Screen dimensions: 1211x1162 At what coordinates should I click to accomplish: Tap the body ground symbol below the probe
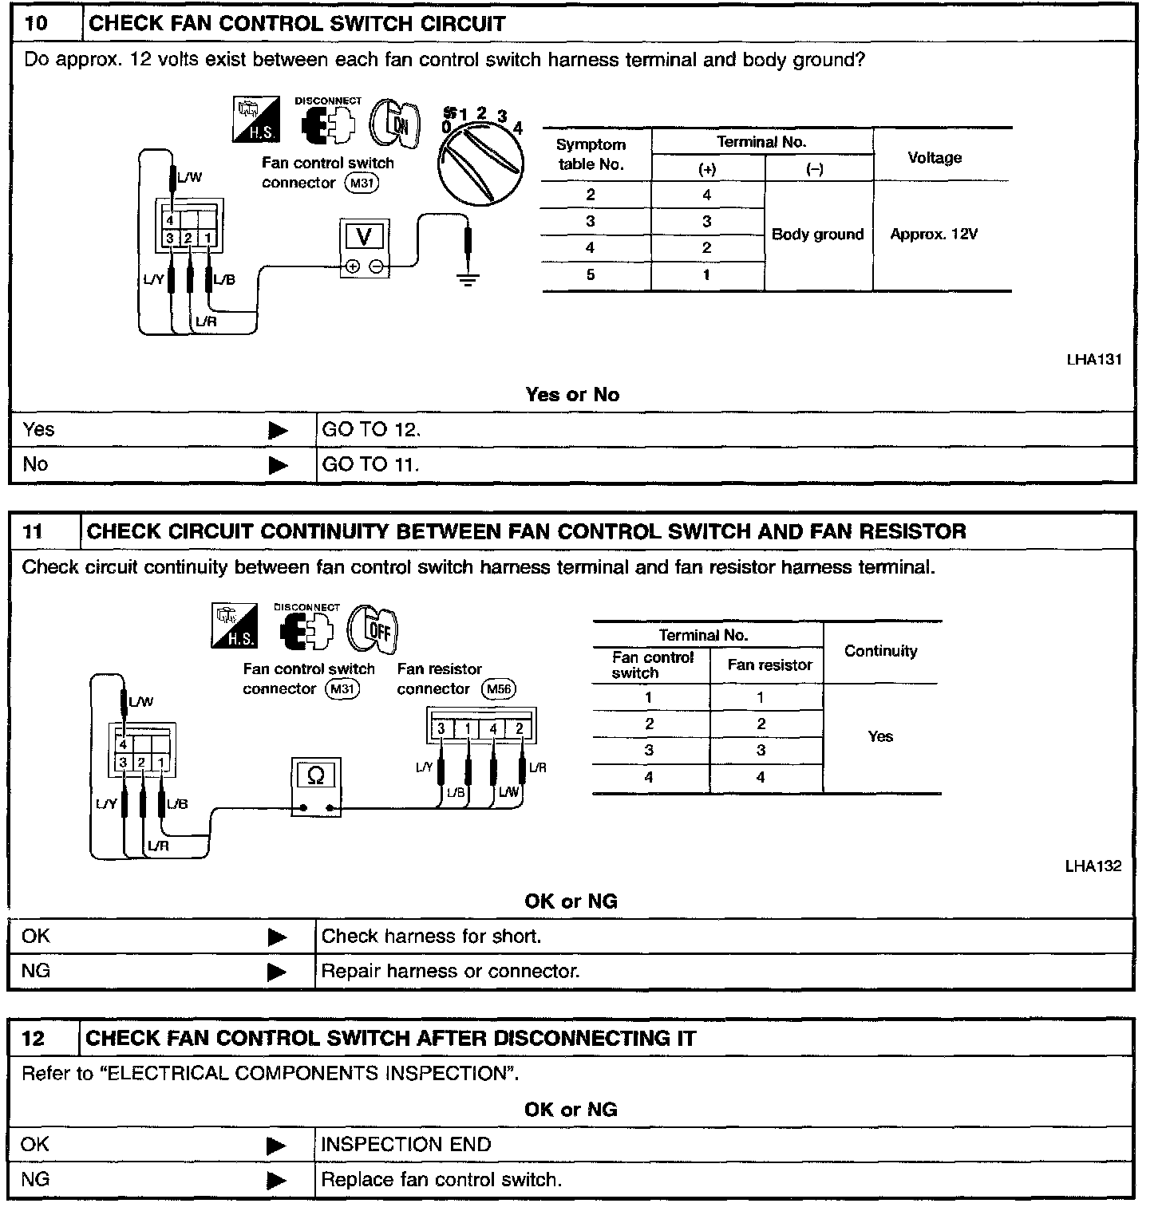tap(468, 279)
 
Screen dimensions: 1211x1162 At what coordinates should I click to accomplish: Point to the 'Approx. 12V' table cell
tap(934, 235)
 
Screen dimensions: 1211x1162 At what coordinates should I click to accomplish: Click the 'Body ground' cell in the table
tap(817, 235)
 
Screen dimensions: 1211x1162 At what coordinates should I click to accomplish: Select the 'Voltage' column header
tap(935, 157)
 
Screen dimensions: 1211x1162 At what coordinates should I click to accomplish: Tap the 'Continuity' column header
tap(880, 651)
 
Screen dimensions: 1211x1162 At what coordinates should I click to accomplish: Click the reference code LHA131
tap(1094, 359)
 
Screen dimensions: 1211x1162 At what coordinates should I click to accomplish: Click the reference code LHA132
tap(1093, 866)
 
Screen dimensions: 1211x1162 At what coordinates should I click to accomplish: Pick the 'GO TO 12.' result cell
tap(371, 429)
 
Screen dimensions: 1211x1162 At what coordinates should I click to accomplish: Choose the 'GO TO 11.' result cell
tap(371, 464)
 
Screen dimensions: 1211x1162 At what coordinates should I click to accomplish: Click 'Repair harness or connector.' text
tap(450, 971)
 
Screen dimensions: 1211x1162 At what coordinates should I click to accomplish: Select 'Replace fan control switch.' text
tap(441, 1179)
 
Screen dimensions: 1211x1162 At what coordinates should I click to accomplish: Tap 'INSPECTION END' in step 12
tap(405, 1144)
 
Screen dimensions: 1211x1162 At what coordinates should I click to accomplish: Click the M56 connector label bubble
tap(500, 688)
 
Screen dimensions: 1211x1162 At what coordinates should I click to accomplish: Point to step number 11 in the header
tap(33, 531)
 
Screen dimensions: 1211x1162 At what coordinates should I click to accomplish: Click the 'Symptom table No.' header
tap(591, 154)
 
